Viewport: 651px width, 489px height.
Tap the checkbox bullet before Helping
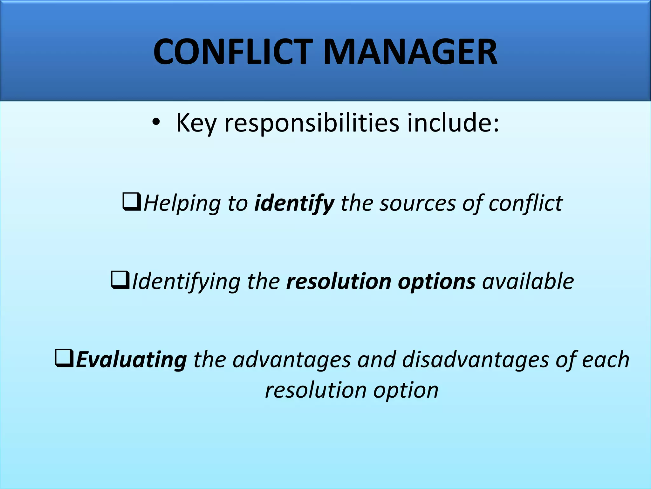(132, 202)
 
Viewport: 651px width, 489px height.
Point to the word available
(528, 281)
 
